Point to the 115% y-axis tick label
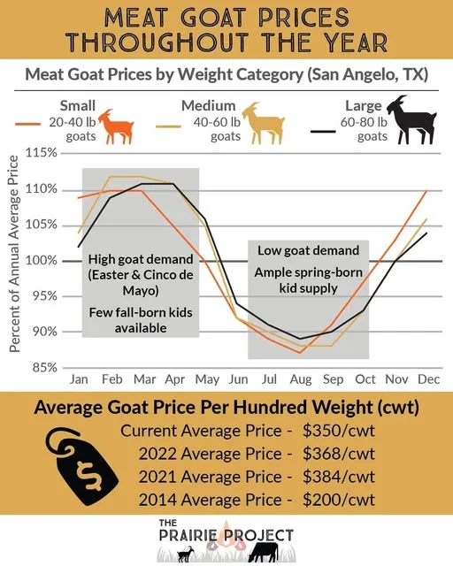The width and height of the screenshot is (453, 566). coord(42,153)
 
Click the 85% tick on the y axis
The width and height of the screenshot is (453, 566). coord(44,367)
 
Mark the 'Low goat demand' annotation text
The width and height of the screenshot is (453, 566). coord(308,250)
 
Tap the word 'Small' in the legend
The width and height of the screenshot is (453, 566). coord(78,105)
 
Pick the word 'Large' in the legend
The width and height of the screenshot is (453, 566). coord(364,105)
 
